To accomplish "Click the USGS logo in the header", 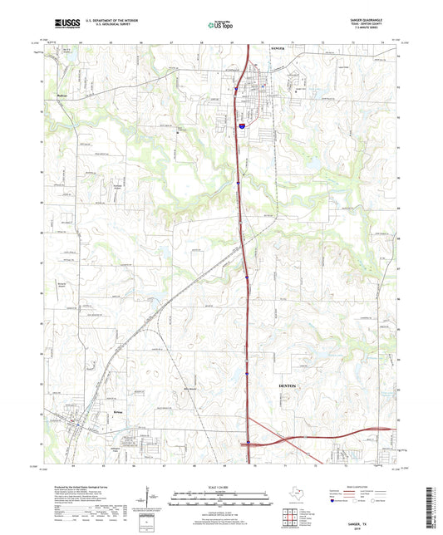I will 62,22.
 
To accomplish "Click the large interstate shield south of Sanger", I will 240,125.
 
